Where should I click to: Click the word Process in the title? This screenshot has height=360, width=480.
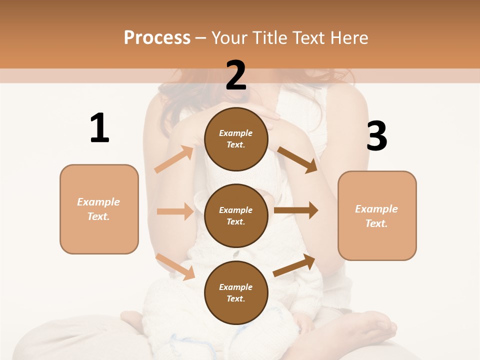coord(157,37)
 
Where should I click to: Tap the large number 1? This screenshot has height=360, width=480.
coord(99,128)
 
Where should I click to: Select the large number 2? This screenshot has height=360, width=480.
coord(236,75)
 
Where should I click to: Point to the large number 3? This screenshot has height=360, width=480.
coord(376,136)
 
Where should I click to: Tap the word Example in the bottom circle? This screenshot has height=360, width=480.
coord(235,287)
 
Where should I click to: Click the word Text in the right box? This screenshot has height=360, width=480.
coord(376,223)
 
